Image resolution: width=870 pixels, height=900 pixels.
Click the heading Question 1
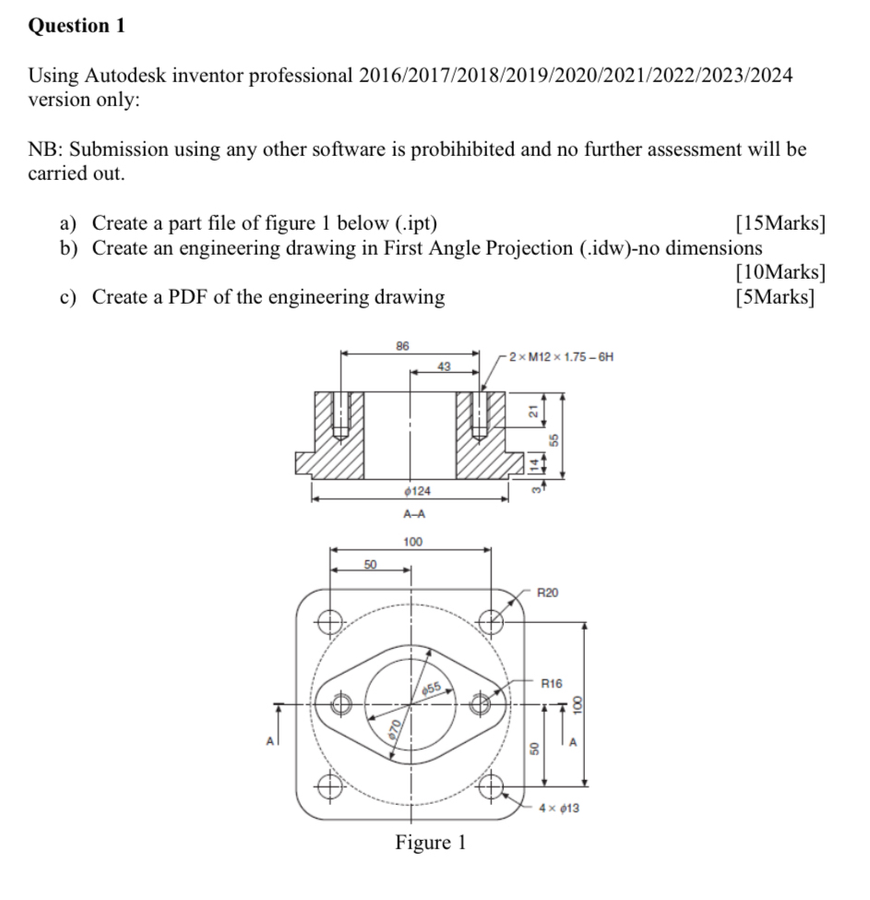point(77,26)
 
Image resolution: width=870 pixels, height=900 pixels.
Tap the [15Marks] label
point(780,223)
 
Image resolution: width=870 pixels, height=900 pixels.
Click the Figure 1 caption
point(431,842)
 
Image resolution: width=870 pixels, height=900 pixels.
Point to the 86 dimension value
point(402,346)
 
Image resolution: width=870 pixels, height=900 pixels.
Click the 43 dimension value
point(444,367)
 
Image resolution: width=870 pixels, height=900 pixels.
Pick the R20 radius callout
point(547,592)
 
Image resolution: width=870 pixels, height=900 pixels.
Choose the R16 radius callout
point(552,684)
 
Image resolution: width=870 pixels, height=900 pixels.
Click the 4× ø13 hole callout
point(559,809)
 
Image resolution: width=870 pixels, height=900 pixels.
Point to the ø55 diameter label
point(434,688)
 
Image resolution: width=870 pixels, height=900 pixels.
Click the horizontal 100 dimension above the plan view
point(412,541)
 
